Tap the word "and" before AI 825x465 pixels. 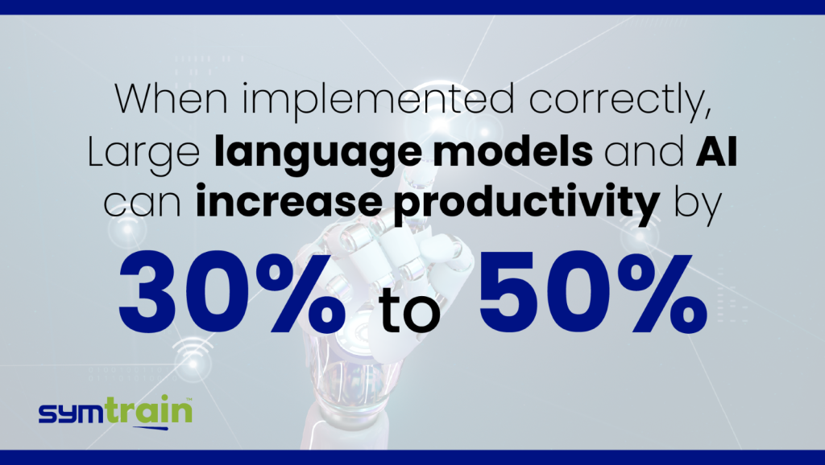(x=643, y=151)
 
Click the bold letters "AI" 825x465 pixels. (x=716, y=151)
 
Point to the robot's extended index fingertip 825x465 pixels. (x=420, y=174)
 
